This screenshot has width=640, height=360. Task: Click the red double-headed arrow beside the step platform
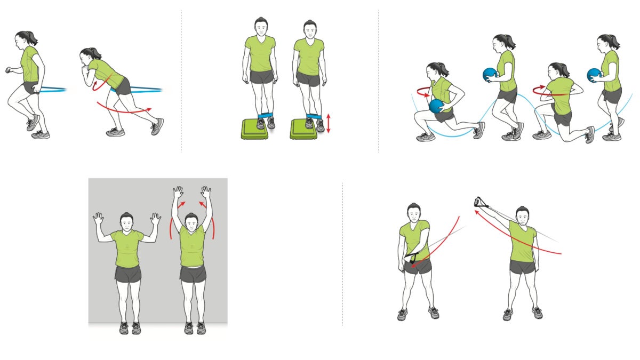pyautogui.click(x=329, y=123)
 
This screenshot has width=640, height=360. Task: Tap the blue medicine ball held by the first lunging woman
pyautogui.click(x=436, y=106)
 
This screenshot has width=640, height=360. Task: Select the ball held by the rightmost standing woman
pyautogui.click(x=594, y=75)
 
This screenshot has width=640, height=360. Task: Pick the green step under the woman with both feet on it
pyautogui.click(x=255, y=130)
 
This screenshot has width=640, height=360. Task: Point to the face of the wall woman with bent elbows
pyautogui.click(x=126, y=223)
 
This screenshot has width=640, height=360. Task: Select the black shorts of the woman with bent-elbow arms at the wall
pyautogui.click(x=128, y=274)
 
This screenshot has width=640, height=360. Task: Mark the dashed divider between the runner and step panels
pyautogui.click(x=181, y=80)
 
